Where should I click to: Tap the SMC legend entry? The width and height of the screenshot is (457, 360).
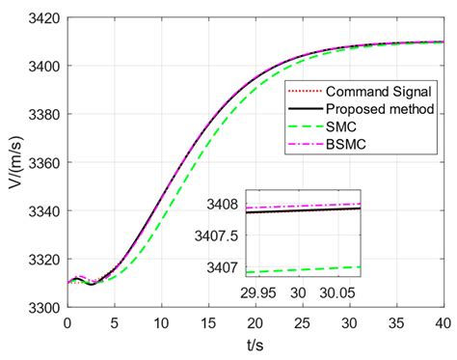(x=341, y=126)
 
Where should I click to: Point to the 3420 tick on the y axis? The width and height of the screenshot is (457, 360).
(x=41, y=18)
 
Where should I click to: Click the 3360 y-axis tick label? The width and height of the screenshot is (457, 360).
(x=41, y=163)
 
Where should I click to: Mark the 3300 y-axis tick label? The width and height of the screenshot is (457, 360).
(x=41, y=307)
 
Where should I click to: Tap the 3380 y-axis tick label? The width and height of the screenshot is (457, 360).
(x=41, y=115)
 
